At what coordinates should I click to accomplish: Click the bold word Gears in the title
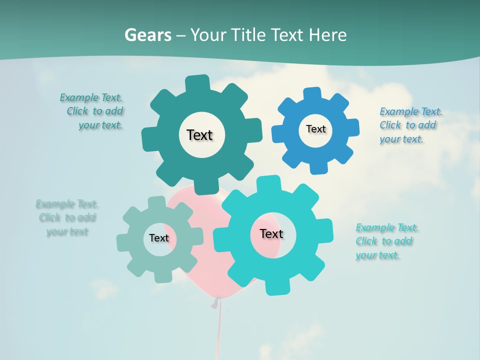click(x=147, y=35)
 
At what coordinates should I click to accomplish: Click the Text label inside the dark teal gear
click(x=200, y=135)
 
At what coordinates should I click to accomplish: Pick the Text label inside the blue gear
click(x=315, y=129)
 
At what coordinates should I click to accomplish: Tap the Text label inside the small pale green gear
click(x=159, y=238)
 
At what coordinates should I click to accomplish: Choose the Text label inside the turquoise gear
click(x=271, y=233)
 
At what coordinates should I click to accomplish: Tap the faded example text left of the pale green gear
click(x=67, y=217)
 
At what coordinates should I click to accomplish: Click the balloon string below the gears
click(x=218, y=330)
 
